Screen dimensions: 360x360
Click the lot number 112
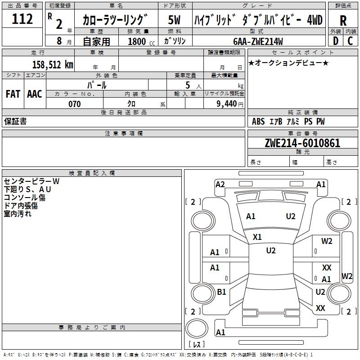click(22, 19)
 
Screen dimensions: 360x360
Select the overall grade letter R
click(343, 20)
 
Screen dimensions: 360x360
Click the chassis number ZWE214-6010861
click(302, 143)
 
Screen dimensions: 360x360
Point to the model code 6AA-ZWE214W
click(258, 41)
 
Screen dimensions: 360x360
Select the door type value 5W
click(175, 20)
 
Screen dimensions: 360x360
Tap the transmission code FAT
click(13, 94)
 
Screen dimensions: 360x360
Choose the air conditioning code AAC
click(34, 94)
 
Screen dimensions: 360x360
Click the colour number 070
click(74, 104)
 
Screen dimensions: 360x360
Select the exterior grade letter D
click(335, 41)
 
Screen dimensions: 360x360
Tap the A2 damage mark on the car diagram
click(220, 184)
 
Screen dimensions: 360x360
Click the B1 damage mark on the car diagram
click(221, 292)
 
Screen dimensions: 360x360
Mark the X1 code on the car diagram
click(257, 237)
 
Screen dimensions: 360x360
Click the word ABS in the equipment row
click(258, 121)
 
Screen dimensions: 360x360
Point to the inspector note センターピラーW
click(31, 181)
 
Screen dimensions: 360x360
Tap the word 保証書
click(15, 121)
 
